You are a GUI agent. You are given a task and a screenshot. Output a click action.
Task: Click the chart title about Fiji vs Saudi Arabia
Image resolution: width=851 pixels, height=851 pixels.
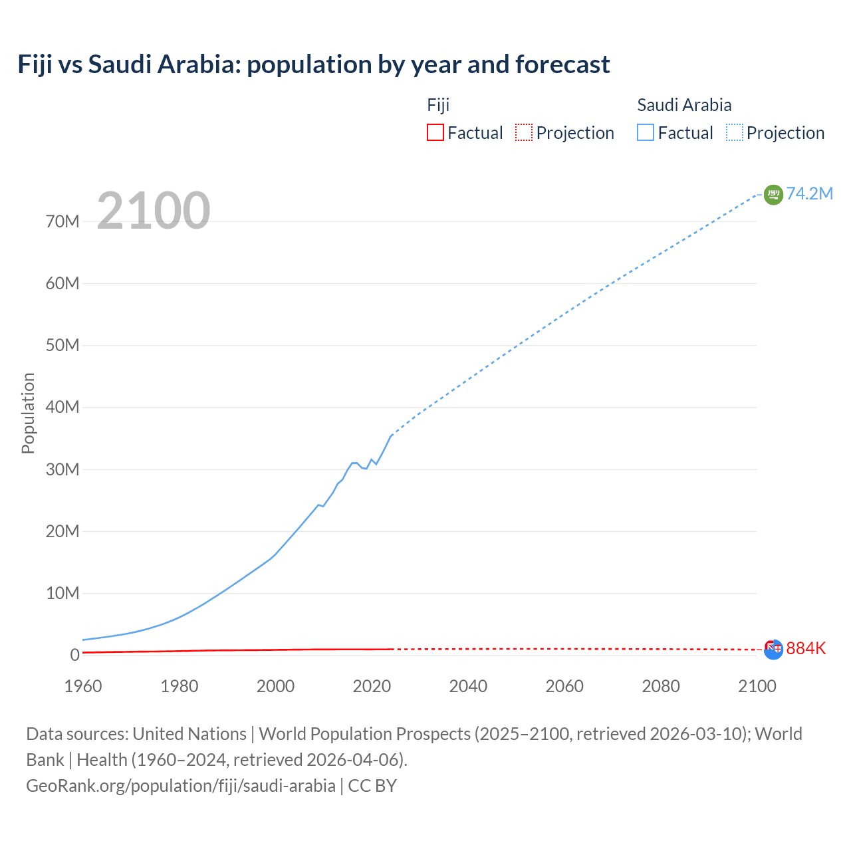(x=313, y=64)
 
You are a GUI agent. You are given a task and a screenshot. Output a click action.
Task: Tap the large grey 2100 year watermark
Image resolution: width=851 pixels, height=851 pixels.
(x=154, y=211)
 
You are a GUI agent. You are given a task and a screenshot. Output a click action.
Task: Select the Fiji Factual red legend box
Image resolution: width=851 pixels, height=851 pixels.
(x=435, y=132)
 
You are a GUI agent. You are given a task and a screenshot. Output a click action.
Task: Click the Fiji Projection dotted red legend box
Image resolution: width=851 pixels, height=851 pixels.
(x=524, y=132)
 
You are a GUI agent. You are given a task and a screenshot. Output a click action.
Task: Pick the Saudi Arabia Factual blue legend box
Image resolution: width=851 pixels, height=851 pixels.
(x=645, y=132)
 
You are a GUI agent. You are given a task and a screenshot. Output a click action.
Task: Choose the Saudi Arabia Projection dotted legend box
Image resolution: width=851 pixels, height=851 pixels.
(x=735, y=132)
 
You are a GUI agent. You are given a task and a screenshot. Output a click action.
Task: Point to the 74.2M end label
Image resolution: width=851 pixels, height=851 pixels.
(x=809, y=193)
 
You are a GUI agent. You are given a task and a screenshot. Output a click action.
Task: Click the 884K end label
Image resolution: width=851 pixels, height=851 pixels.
(x=806, y=648)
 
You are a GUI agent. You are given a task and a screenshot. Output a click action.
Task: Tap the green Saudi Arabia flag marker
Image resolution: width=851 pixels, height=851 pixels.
(x=773, y=194)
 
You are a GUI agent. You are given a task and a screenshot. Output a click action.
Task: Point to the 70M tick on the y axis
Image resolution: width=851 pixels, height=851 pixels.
(x=62, y=221)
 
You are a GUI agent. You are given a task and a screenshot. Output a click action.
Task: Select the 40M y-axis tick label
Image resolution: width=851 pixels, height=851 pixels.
(x=62, y=407)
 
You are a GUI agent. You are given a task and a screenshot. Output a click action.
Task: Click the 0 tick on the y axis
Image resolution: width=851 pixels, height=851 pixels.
(x=74, y=655)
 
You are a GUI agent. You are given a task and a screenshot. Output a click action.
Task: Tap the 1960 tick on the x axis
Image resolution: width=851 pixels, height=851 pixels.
(x=83, y=686)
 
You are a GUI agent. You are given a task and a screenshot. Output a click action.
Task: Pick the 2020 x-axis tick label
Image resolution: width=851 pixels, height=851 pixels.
(x=372, y=686)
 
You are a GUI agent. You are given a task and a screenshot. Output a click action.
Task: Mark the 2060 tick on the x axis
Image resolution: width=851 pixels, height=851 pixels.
(x=564, y=686)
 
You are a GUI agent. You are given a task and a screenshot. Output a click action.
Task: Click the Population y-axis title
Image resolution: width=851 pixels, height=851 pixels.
(x=28, y=413)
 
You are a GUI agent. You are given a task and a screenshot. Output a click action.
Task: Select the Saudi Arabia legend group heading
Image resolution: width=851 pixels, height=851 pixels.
(x=684, y=105)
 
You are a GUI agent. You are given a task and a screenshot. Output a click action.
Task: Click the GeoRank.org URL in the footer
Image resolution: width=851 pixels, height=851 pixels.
(x=181, y=786)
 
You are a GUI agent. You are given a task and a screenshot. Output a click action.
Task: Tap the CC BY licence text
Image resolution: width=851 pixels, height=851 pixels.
(x=372, y=786)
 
